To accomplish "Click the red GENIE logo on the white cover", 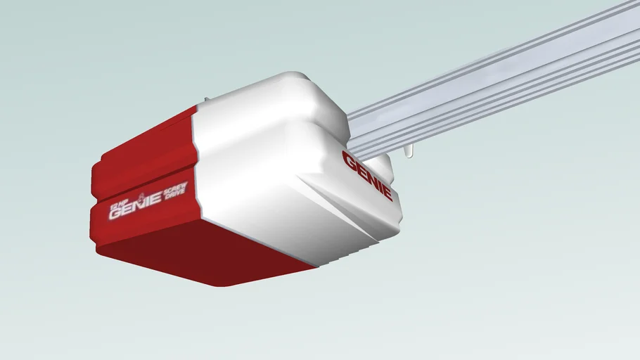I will point(367,175).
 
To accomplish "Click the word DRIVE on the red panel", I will point(176,195).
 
